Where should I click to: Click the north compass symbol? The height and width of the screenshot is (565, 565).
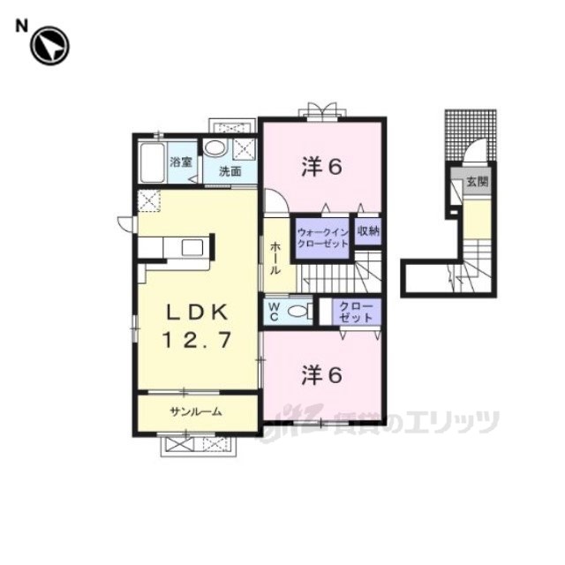click(49, 46)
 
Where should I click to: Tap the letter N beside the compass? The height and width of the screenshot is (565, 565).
click(21, 26)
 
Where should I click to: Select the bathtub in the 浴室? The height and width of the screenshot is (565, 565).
click(153, 162)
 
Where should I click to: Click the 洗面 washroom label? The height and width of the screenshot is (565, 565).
click(230, 171)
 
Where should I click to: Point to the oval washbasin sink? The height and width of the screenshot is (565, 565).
click(215, 148)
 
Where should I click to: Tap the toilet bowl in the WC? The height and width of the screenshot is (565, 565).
click(298, 312)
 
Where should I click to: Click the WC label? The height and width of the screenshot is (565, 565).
click(274, 312)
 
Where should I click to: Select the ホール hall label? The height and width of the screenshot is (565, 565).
click(275, 258)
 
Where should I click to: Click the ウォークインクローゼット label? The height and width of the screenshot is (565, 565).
click(322, 237)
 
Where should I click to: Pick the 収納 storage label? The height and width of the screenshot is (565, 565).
click(368, 231)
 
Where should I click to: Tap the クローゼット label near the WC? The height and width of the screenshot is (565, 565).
click(356, 312)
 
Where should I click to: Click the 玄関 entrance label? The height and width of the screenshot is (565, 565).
click(477, 182)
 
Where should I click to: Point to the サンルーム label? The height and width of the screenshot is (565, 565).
click(196, 411)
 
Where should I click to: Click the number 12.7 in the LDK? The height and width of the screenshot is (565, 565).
click(197, 341)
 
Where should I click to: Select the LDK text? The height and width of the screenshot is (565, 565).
click(197, 312)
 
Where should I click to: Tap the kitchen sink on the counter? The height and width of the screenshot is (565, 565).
click(192, 247)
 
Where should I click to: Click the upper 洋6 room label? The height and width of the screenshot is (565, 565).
click(321, 167)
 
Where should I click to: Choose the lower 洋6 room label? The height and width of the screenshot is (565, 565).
click(321, 374)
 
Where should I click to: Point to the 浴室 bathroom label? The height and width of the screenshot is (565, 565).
click(181, 162)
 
